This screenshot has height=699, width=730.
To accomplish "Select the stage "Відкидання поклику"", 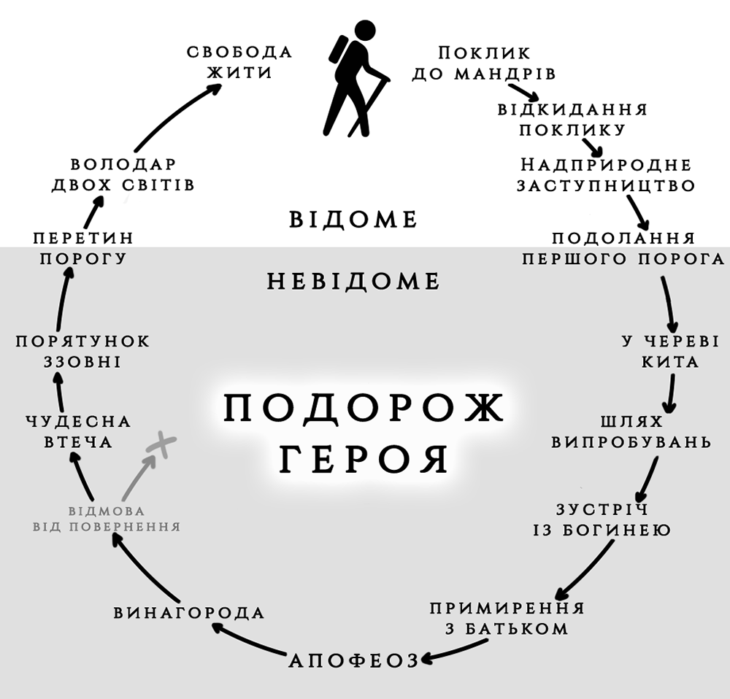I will [573, 119].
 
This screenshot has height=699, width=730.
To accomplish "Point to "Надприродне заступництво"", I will [605, 174].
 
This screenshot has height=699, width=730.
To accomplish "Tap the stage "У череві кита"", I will [670, 351].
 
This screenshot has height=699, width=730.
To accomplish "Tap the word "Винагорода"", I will [189, 612].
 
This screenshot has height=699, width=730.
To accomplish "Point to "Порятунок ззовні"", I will [82, 351].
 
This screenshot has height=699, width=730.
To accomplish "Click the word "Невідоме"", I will [353, 281].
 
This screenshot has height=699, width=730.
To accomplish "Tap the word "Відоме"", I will [353, 219].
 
